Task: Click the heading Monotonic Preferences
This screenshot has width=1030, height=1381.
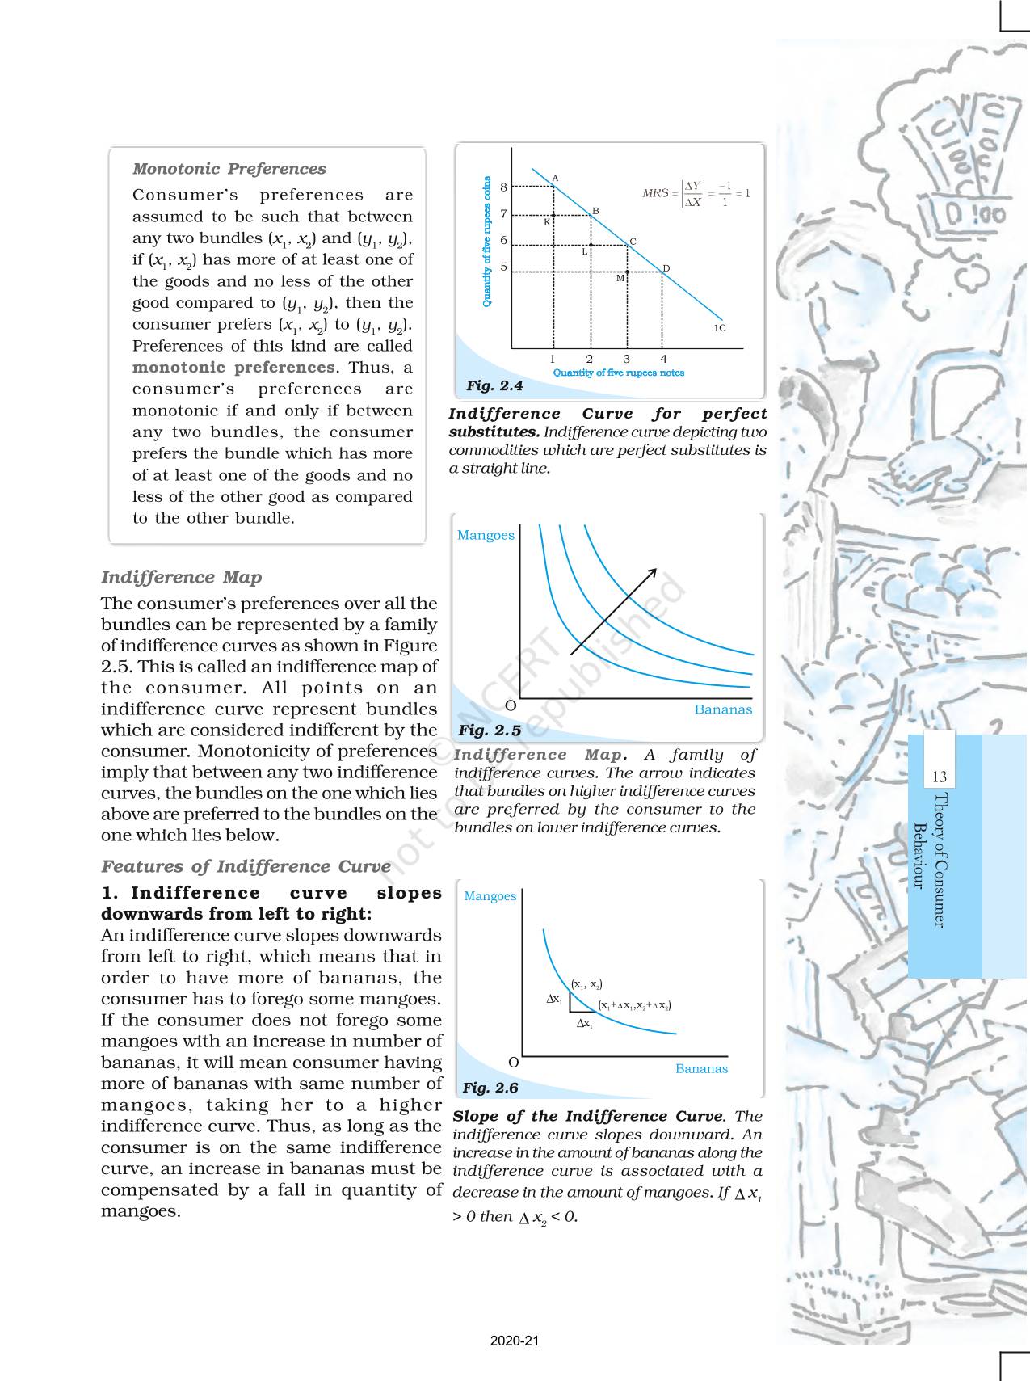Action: (229, 169)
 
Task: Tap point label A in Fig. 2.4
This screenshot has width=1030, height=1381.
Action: (555, 178)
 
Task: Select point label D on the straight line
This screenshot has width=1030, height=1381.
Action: (666, 268)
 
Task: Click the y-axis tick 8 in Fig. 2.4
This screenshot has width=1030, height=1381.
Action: (503, 187)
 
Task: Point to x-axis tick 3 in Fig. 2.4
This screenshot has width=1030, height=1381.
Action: (626, 359)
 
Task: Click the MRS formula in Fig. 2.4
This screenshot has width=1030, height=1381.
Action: (696, 193)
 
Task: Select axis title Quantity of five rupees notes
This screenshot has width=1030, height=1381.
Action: (618, 373)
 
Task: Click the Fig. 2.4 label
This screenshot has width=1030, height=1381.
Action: (494, 386)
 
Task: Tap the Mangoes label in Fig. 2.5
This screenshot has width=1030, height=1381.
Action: (486, 535)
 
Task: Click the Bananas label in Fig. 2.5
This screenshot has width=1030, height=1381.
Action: (723, 709)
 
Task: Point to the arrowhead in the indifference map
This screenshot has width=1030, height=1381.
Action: (652, 573)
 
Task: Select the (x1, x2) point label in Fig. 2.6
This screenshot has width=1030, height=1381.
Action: (586, 984)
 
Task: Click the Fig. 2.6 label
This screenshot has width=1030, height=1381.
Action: (490, 1088)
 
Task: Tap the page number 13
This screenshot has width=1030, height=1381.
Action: (939, 777)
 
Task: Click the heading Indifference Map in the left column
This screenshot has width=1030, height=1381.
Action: (181, 577)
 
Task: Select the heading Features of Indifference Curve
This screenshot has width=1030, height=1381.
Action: (246, 866)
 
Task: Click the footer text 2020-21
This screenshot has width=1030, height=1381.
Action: (514, 1341)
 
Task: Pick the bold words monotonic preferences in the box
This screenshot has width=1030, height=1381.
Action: (233, 368)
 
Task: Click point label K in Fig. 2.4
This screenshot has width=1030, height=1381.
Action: (546, 221)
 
